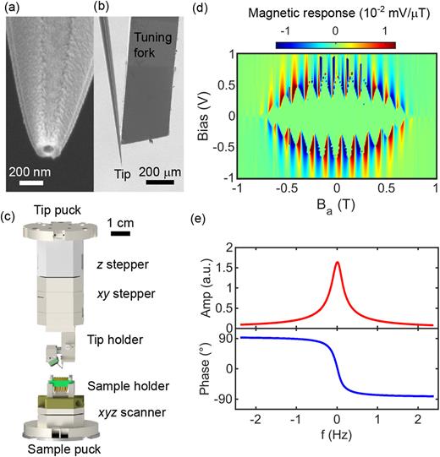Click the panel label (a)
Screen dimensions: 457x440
[x=15, y=10]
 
